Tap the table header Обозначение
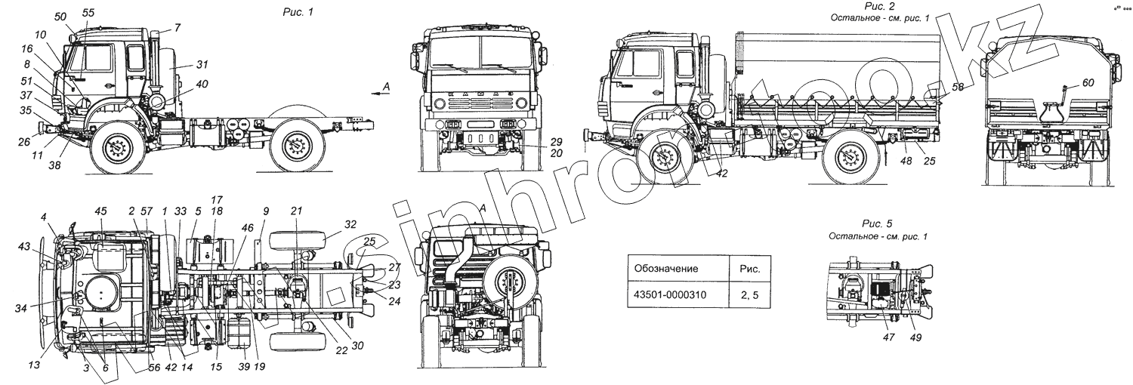pos(666,268)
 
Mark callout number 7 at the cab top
pos(177,28)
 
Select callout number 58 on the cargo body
pos(957,88)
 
